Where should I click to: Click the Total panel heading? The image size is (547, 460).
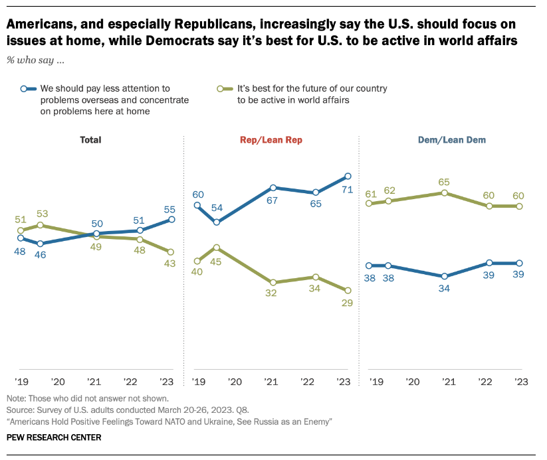point(90,140)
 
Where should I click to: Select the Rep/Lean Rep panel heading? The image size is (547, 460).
point(269,140)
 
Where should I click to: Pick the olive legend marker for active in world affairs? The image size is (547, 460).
point(227,88)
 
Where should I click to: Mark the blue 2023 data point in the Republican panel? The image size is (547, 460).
point(348,177)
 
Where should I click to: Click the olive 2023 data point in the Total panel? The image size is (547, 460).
point(171,252)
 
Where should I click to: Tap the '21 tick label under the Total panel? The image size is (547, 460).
point(94,382)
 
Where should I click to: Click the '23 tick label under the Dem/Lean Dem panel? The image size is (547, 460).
point(518,382)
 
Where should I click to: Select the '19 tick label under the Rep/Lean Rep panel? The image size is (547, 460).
point(197,382)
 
